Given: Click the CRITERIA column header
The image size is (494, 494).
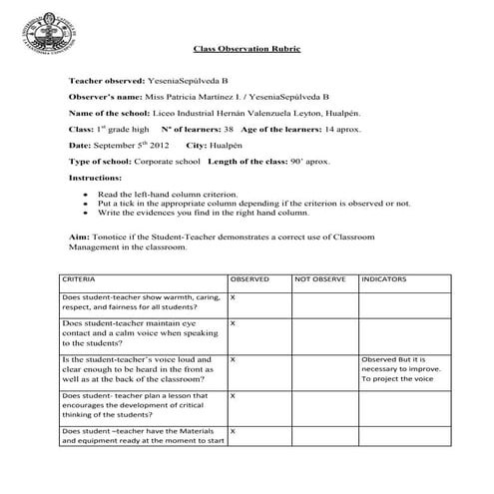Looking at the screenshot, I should coord(79,280).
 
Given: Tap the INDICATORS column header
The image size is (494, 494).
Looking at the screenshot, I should coord(385,280).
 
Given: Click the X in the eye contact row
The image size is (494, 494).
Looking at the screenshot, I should coord(233,324).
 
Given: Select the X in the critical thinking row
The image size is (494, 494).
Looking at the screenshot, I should coord(233,396).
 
